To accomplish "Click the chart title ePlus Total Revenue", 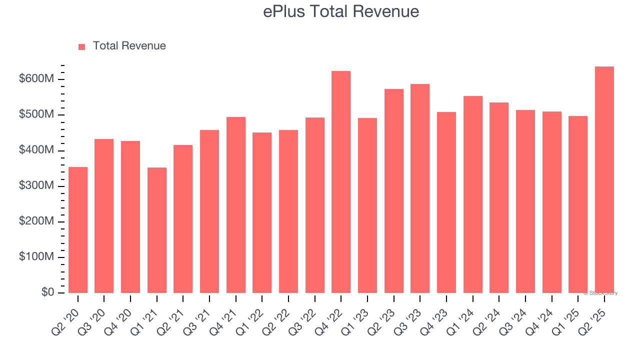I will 341,11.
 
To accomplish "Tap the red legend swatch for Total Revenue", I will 82,46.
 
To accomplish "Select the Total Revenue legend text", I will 129,46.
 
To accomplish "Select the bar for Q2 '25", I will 604,180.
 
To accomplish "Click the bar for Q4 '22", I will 341,182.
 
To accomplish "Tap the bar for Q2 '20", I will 78,230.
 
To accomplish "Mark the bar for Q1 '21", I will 157,230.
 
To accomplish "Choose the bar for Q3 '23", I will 420,188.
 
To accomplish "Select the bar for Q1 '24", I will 472,194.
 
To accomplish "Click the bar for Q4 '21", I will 235,205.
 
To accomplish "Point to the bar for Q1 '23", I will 367,205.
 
